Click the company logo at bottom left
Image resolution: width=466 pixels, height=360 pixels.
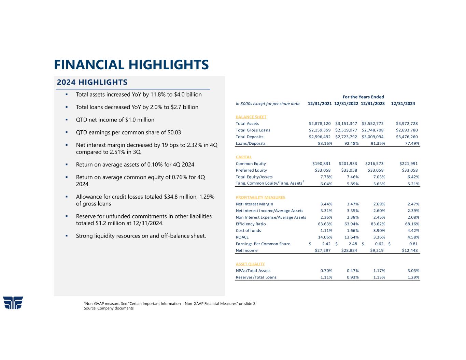(13, 303)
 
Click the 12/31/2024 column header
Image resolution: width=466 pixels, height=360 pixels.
(403, 104)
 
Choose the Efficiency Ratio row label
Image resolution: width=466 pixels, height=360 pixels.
(251, 224)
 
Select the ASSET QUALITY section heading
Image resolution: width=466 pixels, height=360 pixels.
(250, 264)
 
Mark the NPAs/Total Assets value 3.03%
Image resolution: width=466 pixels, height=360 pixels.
(413, 271)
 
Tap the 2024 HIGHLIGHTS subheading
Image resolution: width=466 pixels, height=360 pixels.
(92, 82)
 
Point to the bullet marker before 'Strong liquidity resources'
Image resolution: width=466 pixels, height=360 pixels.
(67, 236)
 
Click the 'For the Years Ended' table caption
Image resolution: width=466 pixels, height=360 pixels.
(363, 97)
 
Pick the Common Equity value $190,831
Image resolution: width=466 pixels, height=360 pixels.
(321, 164)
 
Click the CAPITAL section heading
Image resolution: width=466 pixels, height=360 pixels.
(243, 157)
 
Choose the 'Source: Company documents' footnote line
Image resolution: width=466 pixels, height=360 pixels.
(109, 308)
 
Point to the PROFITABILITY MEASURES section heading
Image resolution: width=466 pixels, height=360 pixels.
(260, 197)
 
